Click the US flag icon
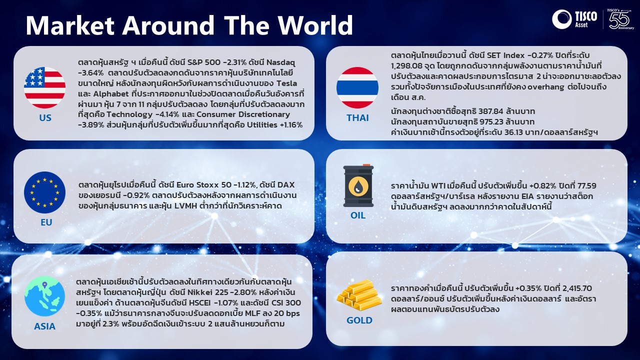[44, 87]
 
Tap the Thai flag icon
[357, 87]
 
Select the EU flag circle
[44, 192]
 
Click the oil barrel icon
[358, 185]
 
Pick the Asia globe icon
[44, 296]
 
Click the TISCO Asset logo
[574, 19]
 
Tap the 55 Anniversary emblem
[621, 19]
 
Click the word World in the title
[315, 25]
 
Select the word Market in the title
[70, 25]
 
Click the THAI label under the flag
[357, 117]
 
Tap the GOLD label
[359, 320]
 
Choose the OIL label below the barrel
[357, 215]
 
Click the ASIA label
[44, 326]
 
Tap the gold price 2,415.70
[577, 288]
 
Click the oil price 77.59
[587, 185]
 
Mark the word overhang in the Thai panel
[545, 86]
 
